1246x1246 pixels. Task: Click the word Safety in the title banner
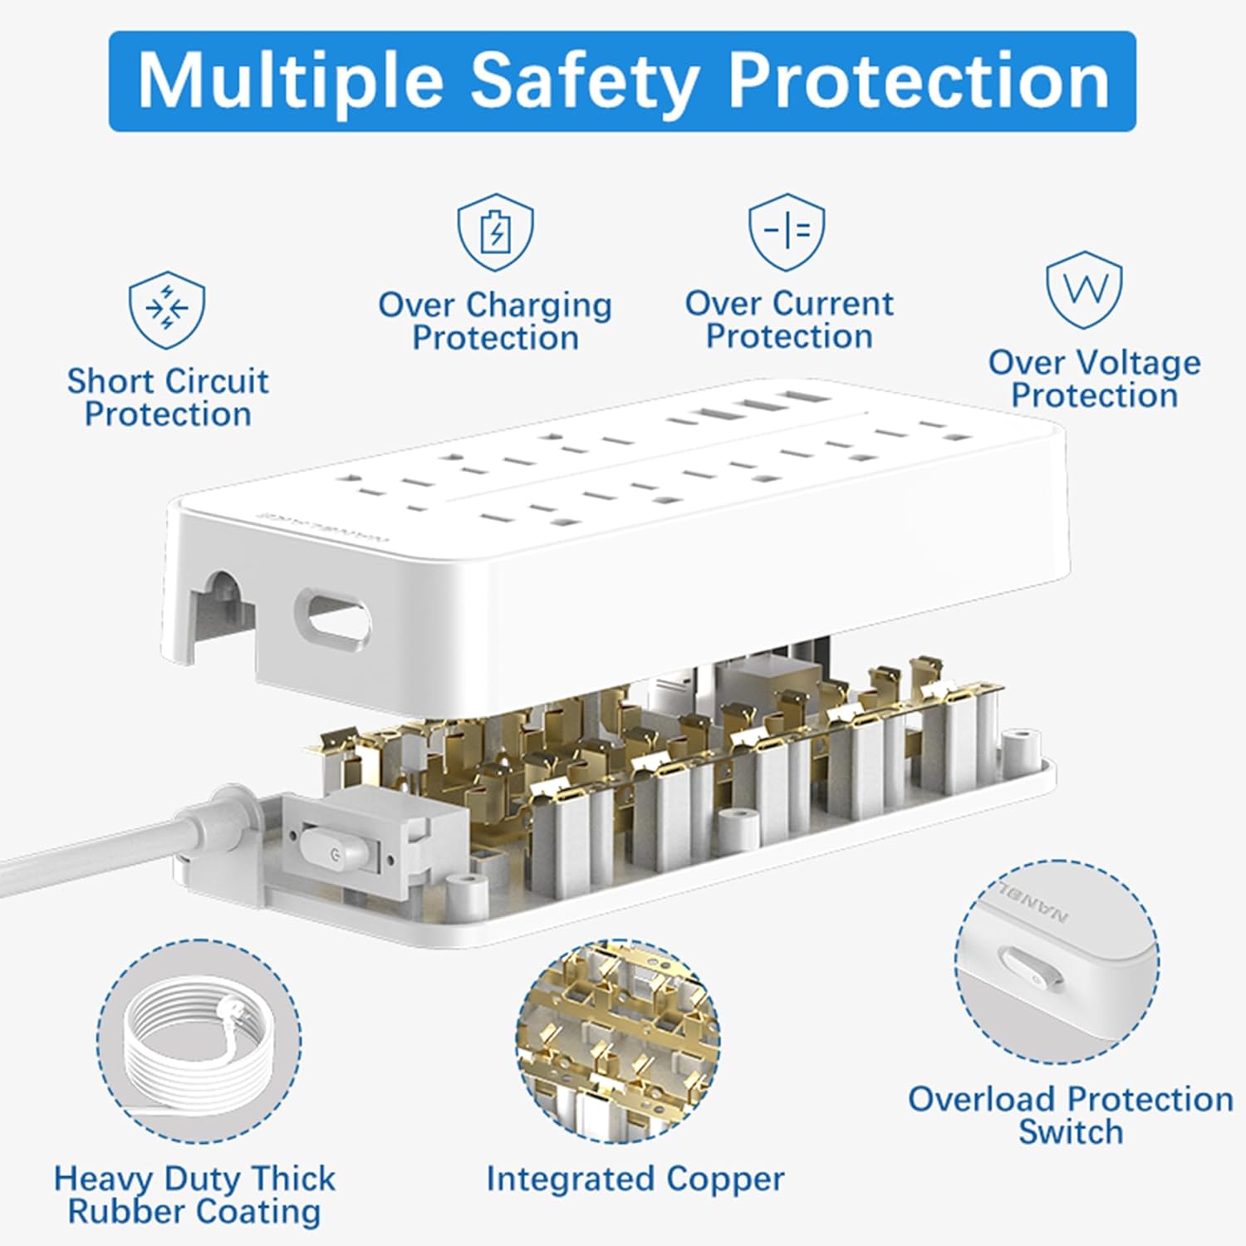(x=583, y=81)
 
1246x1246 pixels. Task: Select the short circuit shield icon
(x=167, y=310)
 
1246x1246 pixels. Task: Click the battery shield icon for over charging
(x=496, y=232)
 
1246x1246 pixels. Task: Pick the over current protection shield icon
(x=787, y=232)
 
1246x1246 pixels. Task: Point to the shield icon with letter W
(x=1084, y=290)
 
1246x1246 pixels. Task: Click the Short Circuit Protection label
(x=168, y=398)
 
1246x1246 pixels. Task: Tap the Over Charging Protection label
(x=495, y=321)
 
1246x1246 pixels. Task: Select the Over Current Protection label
(x=789, y=320)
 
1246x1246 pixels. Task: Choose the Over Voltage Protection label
(x=1094, y=379)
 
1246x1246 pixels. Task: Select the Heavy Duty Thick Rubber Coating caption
(x=194, y=1194)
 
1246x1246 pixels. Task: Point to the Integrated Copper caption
(x=635, y=1179)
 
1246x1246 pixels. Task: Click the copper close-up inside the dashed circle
(x=618, y=1041)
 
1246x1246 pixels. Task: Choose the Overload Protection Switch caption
(x=1070, y=1116)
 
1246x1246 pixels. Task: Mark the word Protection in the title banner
(x=919, y=81)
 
